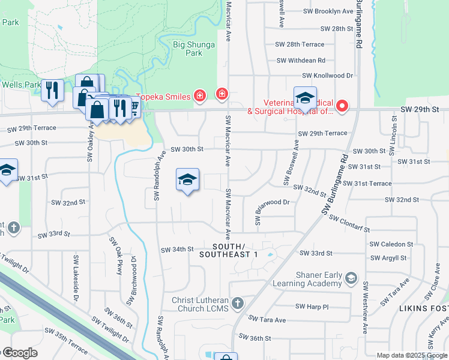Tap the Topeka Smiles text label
pyautogui.click(x=163, y=96)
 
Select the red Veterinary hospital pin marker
pyautogui.click(x=342, y=106)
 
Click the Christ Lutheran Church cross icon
pyautogui.click(x=238, y=302)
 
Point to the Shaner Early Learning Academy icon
pyautogui.click(x=351, y=277)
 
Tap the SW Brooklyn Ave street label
pyautogui.click(x=328, y=11)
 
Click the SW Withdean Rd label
pyautogui.click(x=301, y=60)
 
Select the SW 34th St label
pyautogui.click(x=177, y=249)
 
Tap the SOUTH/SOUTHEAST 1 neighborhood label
pyautogui.click(x=235, y=251)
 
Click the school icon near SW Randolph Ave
pyautogui.click(x=187, y=179)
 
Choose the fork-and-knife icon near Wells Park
pyautogui.click(x=52, y=91)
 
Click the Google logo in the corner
pyautogui.click(x=19, y=353)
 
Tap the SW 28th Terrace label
pyautogui.click(x=300, y=44)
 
